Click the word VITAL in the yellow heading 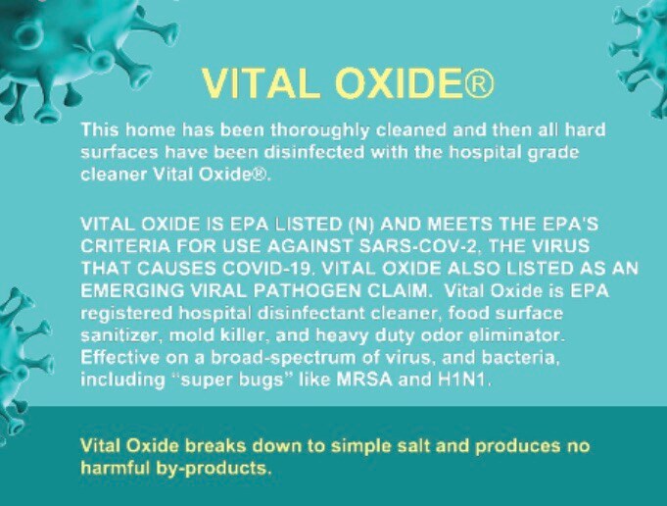[x=262, y=83]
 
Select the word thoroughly [x=320, y=129]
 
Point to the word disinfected [x=314, y=152]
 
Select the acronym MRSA [x=364, y=379]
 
